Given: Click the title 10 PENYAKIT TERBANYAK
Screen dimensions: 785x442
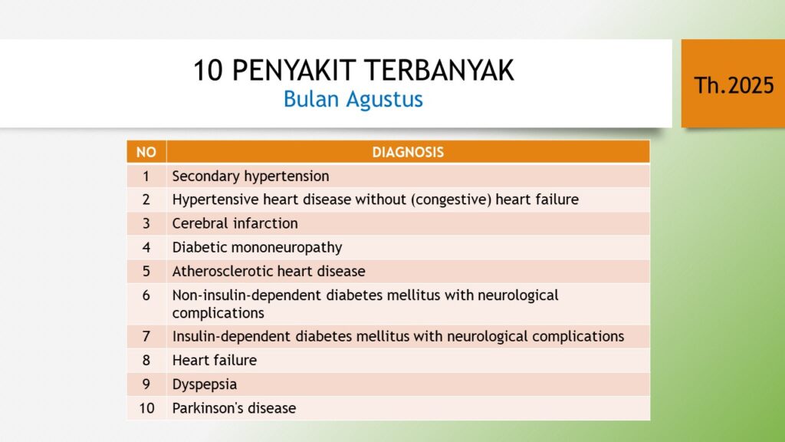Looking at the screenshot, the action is (353, 70).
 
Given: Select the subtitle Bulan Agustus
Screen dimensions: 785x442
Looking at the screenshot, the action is (353, 99).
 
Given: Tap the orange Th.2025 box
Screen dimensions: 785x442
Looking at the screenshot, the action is (733, 83).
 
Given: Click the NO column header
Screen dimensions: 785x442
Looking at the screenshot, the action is (146, 152).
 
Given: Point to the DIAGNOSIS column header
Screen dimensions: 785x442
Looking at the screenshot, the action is (408, 152).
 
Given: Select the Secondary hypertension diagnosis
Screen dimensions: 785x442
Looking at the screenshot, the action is (251, 176).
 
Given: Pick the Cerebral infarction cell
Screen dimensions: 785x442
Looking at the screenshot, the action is (235, 223).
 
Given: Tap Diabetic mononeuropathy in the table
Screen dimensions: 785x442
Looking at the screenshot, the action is (257, 247).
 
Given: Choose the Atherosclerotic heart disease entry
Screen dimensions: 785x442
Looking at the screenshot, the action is (269, 271).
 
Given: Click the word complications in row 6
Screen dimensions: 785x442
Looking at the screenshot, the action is (218, 313).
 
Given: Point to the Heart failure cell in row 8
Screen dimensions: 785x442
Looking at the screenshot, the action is (215, 360).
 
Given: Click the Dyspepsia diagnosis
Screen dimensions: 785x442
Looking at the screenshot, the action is (204, 384).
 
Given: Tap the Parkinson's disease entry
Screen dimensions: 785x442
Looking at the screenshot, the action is (234, 408).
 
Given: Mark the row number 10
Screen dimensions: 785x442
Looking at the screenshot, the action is (146, 408).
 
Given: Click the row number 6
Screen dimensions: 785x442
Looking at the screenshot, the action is (146, 295).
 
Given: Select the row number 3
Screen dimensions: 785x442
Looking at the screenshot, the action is (146, 223).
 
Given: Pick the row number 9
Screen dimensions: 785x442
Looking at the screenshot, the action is (146, 384).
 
